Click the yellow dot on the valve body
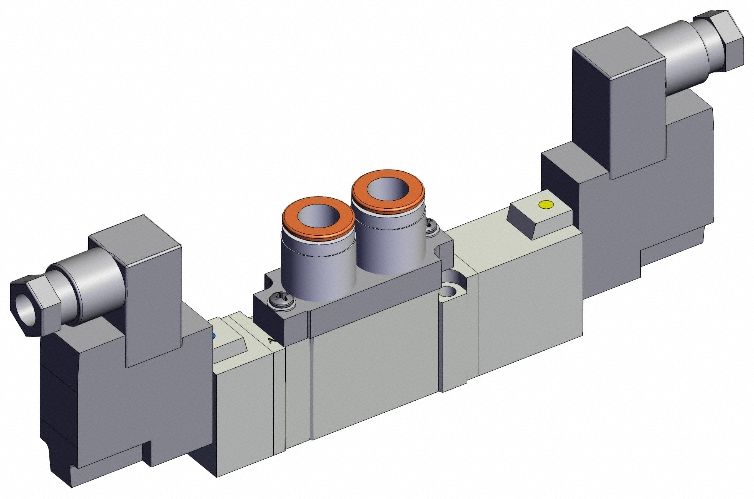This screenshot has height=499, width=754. [x=544, y=208]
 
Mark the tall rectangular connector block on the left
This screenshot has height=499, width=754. [x=136, y=290]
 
